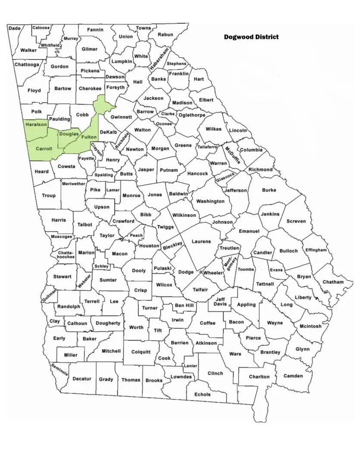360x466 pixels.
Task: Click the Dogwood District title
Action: tap(251, 37)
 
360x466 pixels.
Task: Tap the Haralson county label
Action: tap(36, 124)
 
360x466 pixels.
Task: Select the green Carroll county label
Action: tap(44, 148)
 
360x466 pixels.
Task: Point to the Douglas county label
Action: tap(69, 134)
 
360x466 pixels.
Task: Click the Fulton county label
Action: tap(89, 137)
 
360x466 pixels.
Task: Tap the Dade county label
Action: tap(14, 28)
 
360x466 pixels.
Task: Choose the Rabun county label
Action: tap(165, 35)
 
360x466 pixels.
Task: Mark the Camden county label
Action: tap(293, 376)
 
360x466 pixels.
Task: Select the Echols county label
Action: tap(202, 394)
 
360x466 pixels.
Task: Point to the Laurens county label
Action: tap(201, 242)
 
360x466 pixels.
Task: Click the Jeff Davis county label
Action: tap(220, 302)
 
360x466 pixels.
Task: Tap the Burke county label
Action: tap(269, 190)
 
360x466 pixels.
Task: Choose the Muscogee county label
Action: tap(61, 236)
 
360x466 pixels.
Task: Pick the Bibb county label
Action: tap(146, 214)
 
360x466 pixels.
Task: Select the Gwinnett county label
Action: tap(121, 117)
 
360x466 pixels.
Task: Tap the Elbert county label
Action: tap(206, 100)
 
